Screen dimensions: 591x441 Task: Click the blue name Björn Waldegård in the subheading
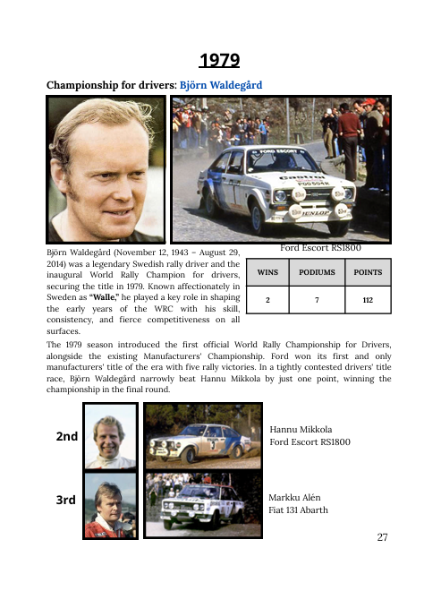pyautogui.click(x=222, y=86)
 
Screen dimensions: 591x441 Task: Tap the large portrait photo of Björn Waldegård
pyautogui.click(x=106, y=170)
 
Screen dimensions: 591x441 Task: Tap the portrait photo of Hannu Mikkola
pyautogui.click(x=110, y=436)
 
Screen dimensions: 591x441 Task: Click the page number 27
pyautogui.click(x=384, y=537)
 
